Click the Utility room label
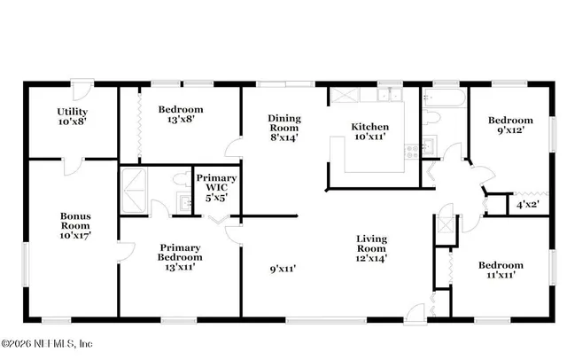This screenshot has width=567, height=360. [x=73, y=110]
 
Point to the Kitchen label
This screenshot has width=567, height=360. [x=371, y=127]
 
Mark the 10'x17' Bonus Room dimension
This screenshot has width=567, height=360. [x=75, y=236]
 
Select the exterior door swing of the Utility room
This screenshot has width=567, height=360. [x=80, y=90]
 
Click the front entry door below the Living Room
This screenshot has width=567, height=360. [x=415, y=312]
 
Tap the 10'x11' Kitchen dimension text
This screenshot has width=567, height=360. [x=371, y=138]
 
